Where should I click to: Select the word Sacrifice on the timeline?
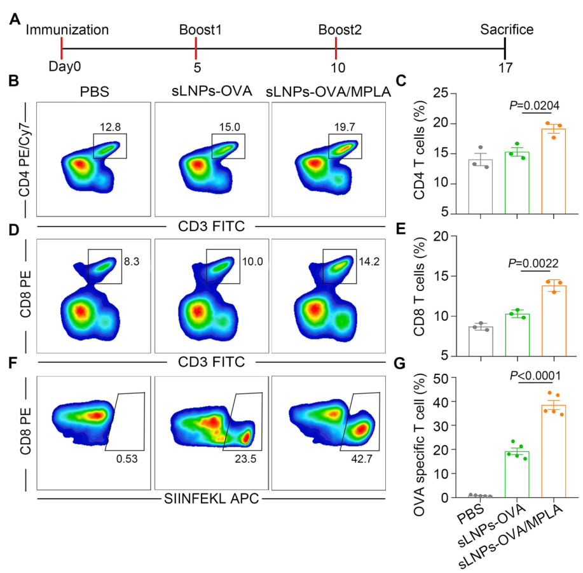coord(506,29)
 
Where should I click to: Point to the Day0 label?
coord(65,66)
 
